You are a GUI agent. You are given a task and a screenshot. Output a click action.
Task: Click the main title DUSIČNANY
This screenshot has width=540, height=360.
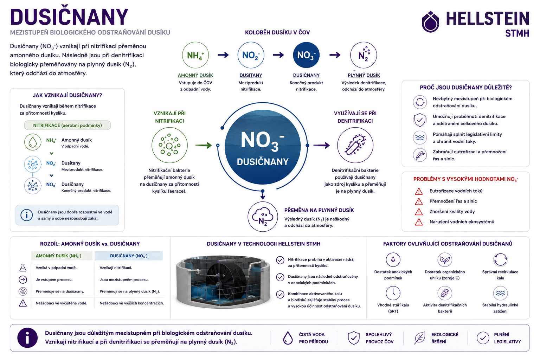[x=69, y=17]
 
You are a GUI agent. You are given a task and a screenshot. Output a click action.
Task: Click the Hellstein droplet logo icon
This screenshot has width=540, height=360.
[x=430, y=22]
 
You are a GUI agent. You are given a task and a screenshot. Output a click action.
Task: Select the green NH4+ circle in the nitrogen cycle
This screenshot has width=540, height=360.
[x=195, y=55]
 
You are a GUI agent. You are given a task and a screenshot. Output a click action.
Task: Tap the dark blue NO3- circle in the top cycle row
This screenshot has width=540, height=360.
[x=306, y=55]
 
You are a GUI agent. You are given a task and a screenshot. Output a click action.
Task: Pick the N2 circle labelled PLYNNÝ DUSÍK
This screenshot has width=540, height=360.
[x=364, y=55]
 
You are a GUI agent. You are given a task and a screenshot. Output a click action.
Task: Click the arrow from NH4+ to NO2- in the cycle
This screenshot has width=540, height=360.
[x=223, y=55]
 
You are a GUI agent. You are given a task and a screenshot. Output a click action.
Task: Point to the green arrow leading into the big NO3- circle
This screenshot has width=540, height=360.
[x=204, y=146]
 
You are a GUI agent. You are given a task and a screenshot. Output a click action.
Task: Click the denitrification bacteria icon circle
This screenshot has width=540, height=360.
[x=355, y=145]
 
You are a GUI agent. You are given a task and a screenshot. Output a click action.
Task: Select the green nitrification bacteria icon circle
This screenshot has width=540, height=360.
[x=169, y=145]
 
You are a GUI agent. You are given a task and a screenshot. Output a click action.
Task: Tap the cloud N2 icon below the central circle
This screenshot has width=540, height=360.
[x=263, y=217]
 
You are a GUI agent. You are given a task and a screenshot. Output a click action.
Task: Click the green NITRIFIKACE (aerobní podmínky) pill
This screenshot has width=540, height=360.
[x=67, y=126]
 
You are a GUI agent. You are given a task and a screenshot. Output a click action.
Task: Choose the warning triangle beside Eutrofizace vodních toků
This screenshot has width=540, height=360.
[x=419, y=192]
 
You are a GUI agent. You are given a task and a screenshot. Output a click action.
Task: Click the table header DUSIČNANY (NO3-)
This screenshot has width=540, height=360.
[x=129, y=256]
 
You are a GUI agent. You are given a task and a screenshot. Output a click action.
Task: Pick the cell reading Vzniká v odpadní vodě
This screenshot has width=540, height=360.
[x=56, y=268]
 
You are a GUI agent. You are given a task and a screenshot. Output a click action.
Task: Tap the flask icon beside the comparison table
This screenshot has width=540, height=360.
[x=23, y=268]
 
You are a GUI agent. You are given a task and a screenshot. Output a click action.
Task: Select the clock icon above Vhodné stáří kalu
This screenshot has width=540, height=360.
[x=393, y=293]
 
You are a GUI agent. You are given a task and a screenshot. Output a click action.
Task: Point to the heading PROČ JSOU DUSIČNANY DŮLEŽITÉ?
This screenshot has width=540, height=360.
[x=466, y=88]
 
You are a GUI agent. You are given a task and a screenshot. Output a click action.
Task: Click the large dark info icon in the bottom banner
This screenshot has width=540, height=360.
[x=27, y=338]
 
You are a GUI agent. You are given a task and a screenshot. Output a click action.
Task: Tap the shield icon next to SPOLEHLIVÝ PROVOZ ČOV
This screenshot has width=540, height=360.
[x=354, y=337]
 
